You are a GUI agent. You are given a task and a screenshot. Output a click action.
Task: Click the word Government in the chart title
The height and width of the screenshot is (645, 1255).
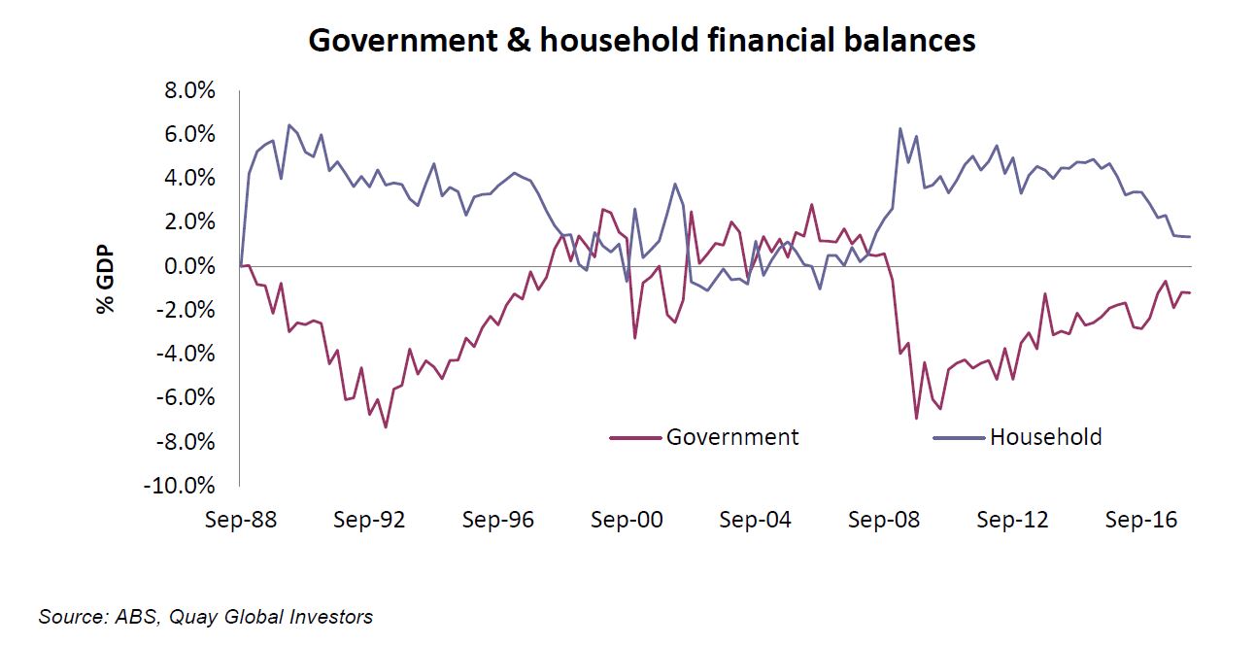[x=395, y=41]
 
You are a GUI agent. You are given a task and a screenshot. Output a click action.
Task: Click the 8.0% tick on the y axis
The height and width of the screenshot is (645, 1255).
[x=187, y=90]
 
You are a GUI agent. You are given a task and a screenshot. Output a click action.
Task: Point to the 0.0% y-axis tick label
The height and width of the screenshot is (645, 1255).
[x=187, y=266]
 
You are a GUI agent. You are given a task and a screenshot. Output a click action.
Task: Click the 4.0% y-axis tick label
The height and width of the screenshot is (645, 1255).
[x=187, y=178]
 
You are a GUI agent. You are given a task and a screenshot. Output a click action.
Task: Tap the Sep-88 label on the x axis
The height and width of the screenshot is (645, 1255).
[x=241, y=520]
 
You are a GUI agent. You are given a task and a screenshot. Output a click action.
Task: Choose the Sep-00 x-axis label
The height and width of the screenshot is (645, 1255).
[x=627, y=520]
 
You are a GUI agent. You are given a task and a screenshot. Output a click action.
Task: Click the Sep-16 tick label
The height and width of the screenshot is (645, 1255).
[x=1141, y=520]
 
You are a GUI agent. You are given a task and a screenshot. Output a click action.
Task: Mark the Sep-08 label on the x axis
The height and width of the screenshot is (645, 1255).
[x=884, y=520]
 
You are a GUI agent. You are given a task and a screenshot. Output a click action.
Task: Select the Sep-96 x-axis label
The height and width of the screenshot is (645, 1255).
[x=498, y=520]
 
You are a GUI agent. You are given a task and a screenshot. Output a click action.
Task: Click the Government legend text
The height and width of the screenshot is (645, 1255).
[x=731, y=437]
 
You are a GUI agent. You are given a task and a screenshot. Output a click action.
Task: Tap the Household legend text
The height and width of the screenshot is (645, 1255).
[x=1045, y=437]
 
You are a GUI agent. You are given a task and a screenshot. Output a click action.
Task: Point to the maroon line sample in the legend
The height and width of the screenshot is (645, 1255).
[x=634, y=438]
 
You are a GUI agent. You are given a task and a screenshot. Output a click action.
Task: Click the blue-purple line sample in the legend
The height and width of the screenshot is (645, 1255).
[x=958, y=438]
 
